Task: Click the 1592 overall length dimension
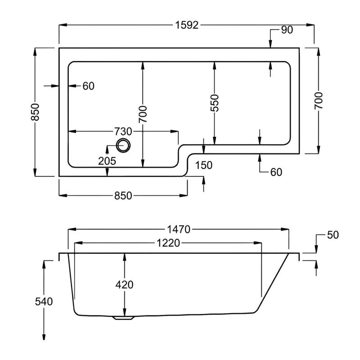(x=186, y=25)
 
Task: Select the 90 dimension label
(x=287, y=30)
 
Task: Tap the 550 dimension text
(x=215, y=103)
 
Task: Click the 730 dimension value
(x=123, y=132)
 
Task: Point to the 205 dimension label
(x=108, y=161)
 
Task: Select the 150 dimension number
(x=204, y=165)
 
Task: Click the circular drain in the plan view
(x=123, y=145)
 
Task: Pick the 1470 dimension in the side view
(x=178, y=229)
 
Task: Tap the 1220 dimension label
(x=168, y=243)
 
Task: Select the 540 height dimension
(x=44, y=302)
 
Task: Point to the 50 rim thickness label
(x=333, y=235)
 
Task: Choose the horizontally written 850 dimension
(x=123, y=196)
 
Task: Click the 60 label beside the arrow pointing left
(x=88, y=86)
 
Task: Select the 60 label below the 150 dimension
(x=276, y=172)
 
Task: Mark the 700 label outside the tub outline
(x=319, y=101)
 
